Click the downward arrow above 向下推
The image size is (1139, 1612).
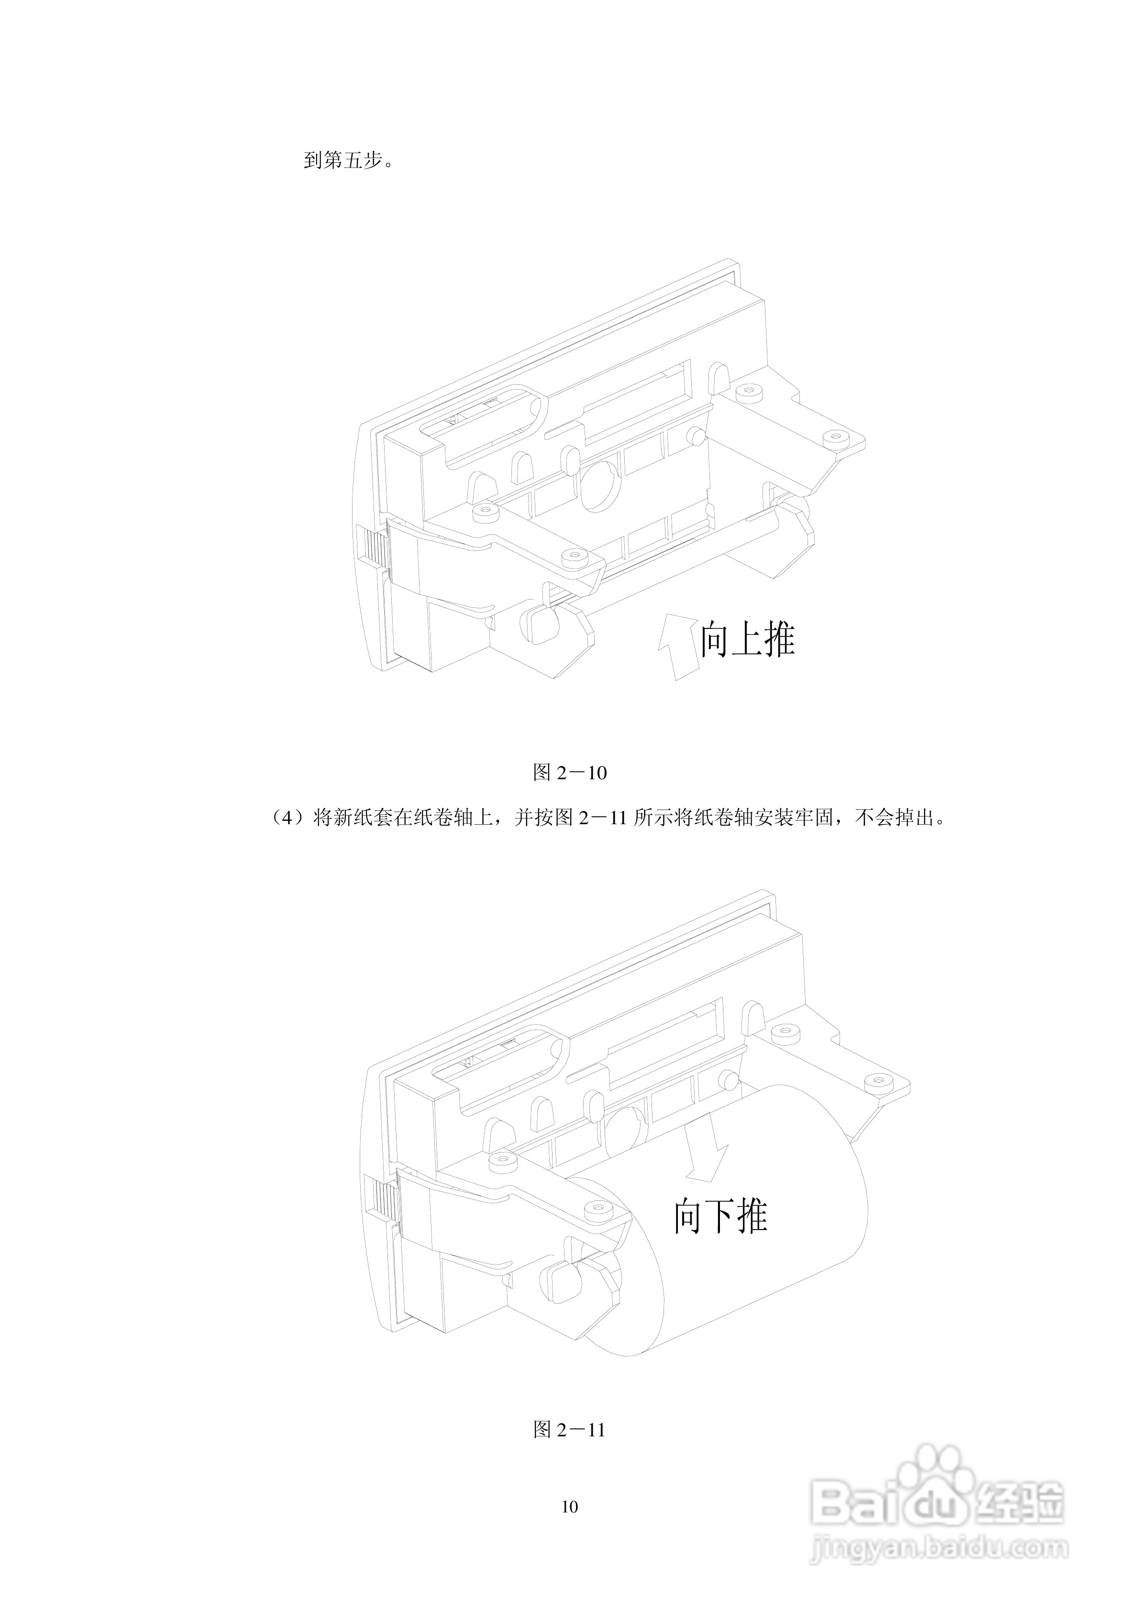tap(706, 1152)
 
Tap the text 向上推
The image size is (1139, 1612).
tap(747, 639)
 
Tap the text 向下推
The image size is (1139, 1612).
tap(721, 1216)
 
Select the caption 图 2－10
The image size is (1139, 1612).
tap(569, 773)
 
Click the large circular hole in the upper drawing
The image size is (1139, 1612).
tap(598, 484)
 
